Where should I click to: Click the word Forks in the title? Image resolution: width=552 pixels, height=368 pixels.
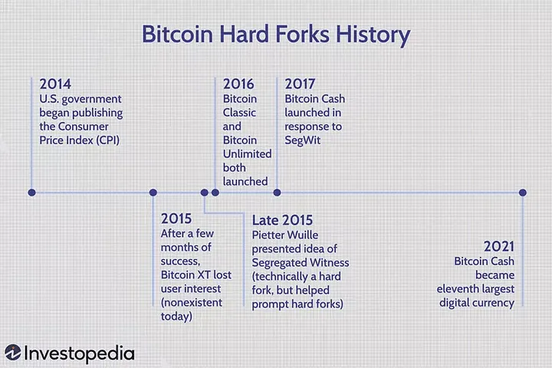point(302,34)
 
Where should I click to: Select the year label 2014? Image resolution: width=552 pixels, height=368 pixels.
point(55,84)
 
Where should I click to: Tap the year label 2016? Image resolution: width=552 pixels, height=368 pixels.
point(238,84)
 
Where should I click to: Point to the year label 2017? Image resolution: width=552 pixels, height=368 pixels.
point(300,84)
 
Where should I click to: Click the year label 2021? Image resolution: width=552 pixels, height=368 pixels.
point(499,247)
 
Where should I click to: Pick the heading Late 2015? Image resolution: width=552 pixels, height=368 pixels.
point(282,220)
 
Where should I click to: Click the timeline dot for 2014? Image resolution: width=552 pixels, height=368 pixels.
point(31,192)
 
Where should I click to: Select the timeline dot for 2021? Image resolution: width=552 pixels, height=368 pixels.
point(523,192)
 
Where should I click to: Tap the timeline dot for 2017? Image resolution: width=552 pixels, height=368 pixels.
point(277,192)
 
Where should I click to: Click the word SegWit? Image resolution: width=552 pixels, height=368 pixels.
point(302,140)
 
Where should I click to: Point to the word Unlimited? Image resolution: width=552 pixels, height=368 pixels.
point(247,154)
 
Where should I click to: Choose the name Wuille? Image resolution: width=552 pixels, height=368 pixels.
point(302,235)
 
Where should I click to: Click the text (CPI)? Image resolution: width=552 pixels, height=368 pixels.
point(108,140)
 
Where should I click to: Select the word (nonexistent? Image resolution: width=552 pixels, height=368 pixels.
point(192,303)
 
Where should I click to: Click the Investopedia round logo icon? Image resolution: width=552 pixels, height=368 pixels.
point(13,353)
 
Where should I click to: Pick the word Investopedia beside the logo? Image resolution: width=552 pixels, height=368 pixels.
point(79,354)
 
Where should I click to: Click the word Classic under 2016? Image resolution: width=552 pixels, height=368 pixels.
point(239,113)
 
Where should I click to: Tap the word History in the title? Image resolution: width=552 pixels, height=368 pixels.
point(373,34)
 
